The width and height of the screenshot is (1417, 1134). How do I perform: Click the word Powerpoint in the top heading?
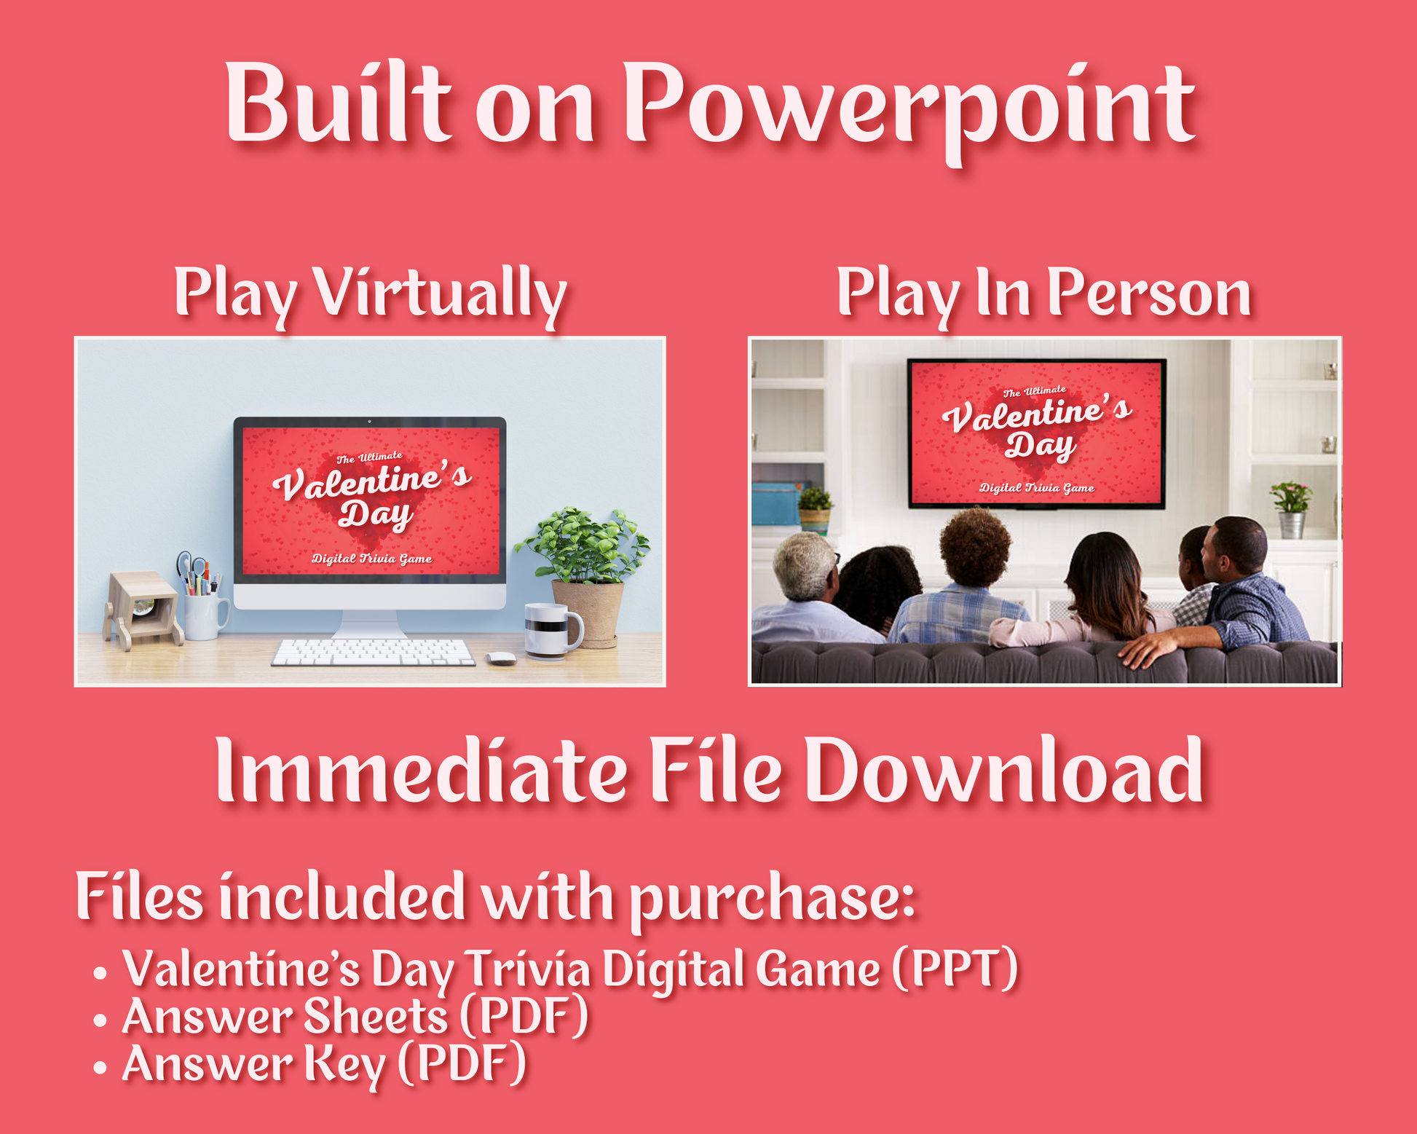click(909, 109)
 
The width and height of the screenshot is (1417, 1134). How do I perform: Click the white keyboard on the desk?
click(373, 652)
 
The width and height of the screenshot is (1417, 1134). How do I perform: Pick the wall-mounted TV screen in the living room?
click(1036, 433)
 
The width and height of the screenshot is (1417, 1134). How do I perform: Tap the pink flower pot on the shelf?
click(1291, 510)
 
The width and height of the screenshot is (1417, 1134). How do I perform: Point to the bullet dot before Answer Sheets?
click(100, 1020)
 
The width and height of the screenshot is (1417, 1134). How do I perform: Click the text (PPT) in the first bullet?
click(955, 969)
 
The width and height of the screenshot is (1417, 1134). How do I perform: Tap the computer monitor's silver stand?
click(370, 625)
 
